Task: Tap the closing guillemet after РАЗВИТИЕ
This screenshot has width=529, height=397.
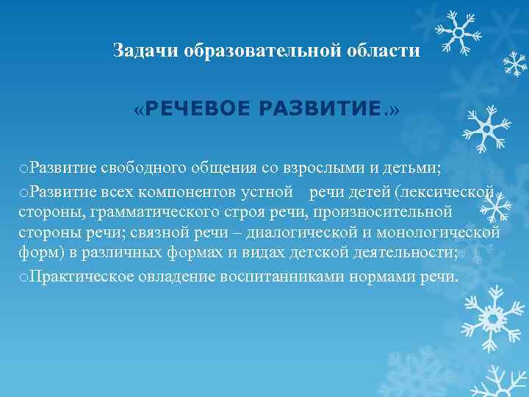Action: click(395, 110)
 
